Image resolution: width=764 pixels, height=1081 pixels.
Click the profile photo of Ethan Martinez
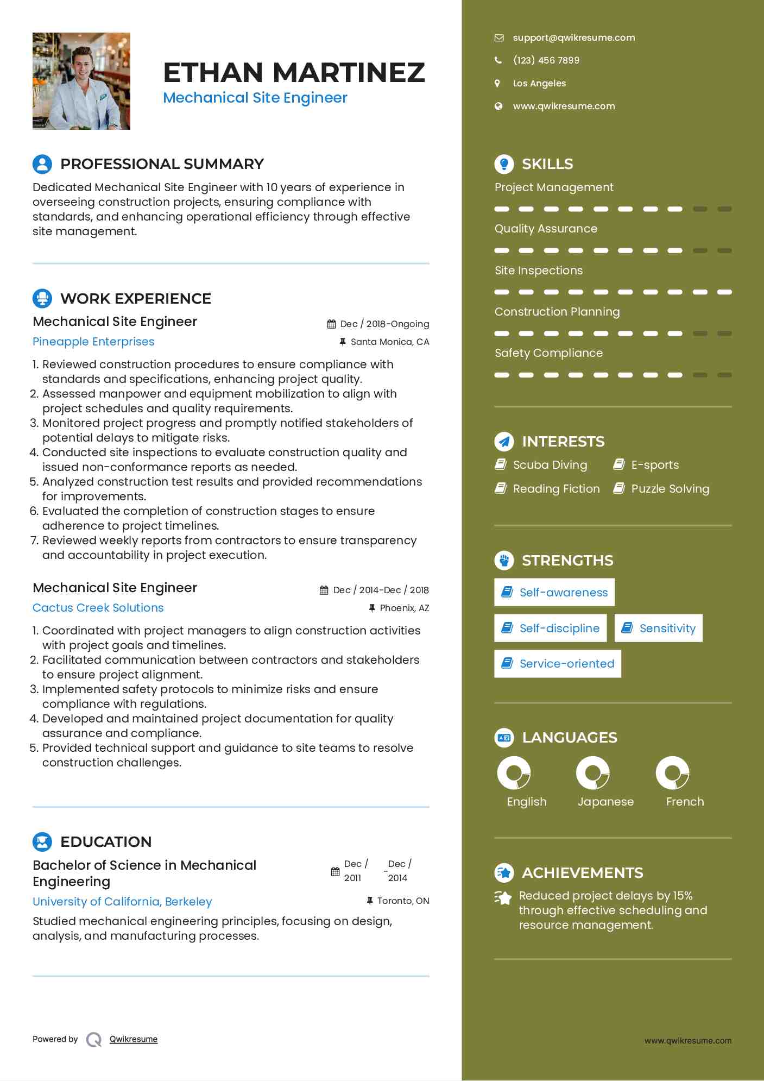click(81, 81)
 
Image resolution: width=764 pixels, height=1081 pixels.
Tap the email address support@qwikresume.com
click(573, 37)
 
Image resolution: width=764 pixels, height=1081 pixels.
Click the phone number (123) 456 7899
click(546, 60)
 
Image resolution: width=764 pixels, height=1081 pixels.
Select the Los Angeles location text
click(539, 83)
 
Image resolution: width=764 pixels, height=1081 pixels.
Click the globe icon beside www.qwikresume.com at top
click(498, 106)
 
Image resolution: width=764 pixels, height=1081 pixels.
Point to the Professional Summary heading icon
click(42, 164)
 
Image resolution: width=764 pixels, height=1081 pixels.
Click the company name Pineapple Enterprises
click(93, 342)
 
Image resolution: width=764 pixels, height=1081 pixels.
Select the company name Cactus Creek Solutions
click(98, 608)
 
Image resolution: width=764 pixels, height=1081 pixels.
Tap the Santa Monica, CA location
click(389, 342)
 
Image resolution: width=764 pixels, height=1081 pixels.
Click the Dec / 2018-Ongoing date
click(384, 324)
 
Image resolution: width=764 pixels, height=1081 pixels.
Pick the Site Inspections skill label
click(538, 271)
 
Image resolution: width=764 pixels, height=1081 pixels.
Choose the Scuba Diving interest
click(550, 465)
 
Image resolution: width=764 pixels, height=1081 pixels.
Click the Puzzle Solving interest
click(670, 489)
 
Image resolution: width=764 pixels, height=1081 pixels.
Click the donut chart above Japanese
click(592, 773)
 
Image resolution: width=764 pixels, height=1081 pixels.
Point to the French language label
click(685, 802)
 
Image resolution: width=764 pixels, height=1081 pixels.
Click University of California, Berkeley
click(122, 902)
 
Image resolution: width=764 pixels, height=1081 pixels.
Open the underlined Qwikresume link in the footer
click(134, 1039)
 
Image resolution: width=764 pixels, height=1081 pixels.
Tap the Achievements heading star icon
click(504, 873)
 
